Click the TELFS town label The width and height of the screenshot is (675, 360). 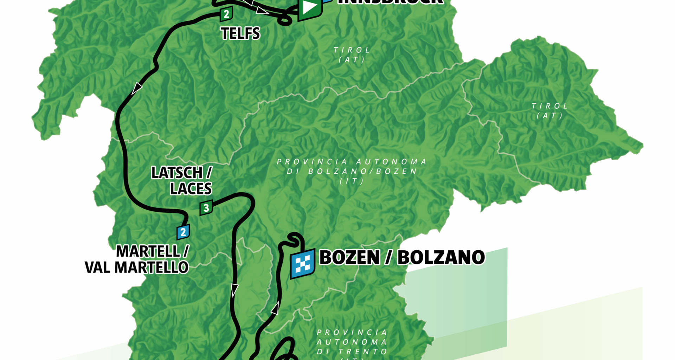point(240,33)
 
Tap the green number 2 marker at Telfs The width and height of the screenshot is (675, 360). point(226,14)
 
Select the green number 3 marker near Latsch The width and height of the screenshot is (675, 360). point(206,208)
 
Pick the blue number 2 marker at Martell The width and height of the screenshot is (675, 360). point(183,232)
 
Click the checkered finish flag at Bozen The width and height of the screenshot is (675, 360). point(302,264)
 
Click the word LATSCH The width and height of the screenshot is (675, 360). point(177,173)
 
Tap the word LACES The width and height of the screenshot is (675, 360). point(191,189)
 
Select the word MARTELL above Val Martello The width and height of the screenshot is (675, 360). point(148,252)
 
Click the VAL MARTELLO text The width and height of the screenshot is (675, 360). point(137,268)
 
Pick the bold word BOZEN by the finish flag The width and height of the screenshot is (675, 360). point(350,257)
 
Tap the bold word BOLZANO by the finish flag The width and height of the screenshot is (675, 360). point(441,257)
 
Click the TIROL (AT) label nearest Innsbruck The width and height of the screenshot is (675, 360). point(352,55)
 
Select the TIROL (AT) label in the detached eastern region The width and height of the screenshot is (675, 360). point(550,111)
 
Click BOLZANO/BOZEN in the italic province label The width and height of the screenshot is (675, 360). point(362,172)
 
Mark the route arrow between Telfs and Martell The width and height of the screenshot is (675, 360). point(137,88)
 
